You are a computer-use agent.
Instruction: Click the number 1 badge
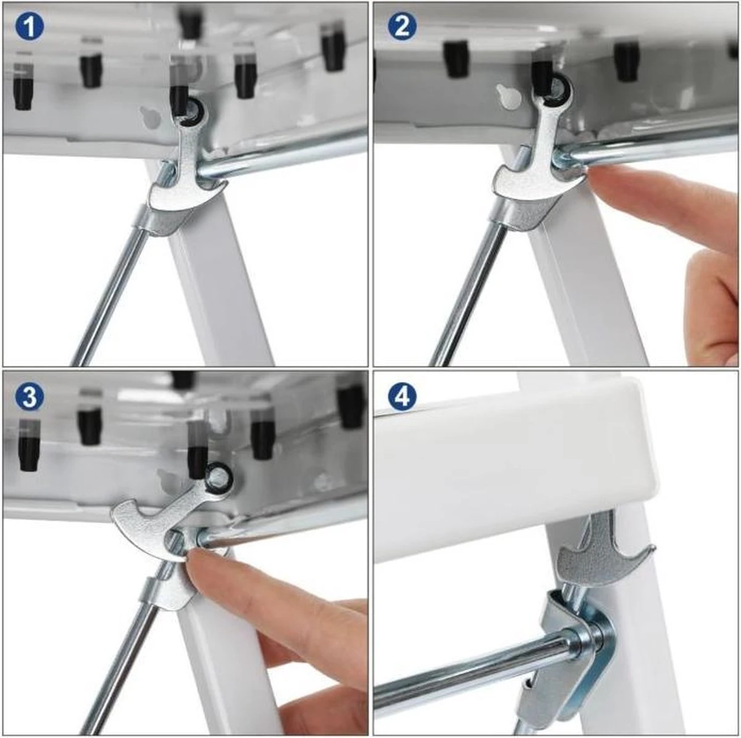point(29,27)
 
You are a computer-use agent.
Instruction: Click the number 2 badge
point(402,27)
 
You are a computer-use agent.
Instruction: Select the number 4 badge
point(402,396)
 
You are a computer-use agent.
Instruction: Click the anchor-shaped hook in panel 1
point(185,179)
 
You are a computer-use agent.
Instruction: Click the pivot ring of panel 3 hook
point(217,476)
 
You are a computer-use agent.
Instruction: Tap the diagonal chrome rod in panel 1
point(111,296)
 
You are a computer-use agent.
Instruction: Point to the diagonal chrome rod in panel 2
point(469,296)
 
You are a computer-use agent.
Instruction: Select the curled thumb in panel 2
point(710,296)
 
